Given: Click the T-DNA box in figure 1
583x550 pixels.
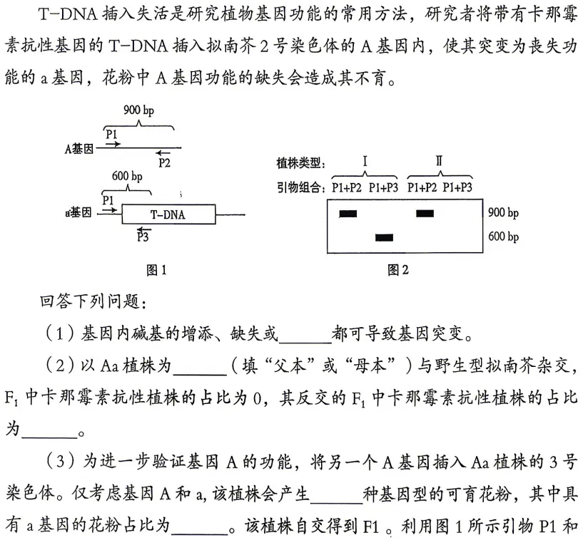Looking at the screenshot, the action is coord(168,214).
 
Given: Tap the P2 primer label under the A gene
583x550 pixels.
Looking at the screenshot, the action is coord(165,162).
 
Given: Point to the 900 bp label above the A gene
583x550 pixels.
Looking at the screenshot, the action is coord(138,110).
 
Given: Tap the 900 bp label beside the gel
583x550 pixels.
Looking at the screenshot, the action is coord(503,212).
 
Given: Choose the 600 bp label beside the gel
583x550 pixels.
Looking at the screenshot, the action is coord(503,237).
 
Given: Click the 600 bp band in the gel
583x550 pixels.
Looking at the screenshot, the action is coord(384,237).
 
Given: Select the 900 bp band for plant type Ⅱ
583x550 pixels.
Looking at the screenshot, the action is coord(425,212).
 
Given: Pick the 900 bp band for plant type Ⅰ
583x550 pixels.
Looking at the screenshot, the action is coord(348,212).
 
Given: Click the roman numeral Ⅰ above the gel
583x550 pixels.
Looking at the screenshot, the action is coord(365,162).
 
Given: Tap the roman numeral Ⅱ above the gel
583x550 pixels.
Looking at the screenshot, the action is coord(439,162).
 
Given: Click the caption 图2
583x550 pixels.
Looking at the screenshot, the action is coord(397,270).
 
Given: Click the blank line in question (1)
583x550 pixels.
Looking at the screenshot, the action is coord(308,333).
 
